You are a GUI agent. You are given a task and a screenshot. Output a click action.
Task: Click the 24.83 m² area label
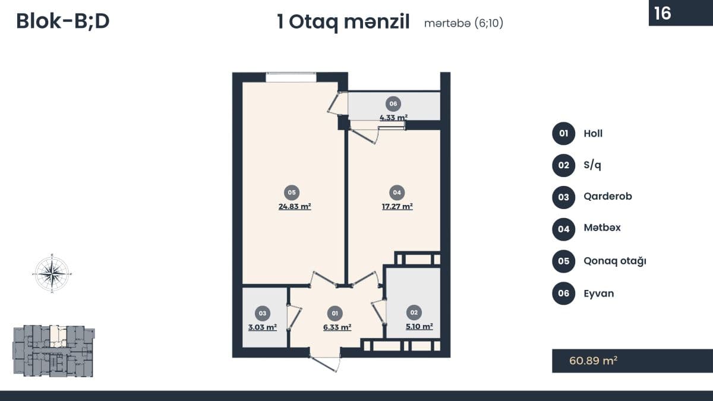pyautogui.click(x=295, y=207)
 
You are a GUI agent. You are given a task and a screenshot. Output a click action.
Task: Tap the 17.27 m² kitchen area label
pyautogui.click(x=397, y=207)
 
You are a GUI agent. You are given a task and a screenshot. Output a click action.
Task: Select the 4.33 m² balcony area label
pyautogui.click(x=393, y=118)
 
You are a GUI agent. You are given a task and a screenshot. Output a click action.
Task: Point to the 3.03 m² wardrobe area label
pyautogui.click(x=262, y=327)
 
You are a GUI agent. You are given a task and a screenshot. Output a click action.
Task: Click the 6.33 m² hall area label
pyautogui.click(x=337, y=327)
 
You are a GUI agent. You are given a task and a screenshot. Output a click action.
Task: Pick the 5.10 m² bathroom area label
pyautogui.click(x=419, y=327)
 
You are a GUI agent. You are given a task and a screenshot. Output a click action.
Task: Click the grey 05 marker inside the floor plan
pyautogui.click(x=292, y=192)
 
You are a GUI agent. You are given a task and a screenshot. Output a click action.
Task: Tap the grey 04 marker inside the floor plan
pyautogui.click(x=397, y=192)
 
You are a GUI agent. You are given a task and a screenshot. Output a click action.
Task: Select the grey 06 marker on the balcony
pyautogui.click(x=393, y=104)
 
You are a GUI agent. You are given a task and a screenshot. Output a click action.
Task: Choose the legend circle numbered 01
pyautogui.click(x=564, y=133)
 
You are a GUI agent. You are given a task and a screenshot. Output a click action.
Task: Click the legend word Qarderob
pyautogui.click(x=608, y=197)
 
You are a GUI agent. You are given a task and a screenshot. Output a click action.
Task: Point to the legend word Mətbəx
pyautogui.click(x=602, y=228)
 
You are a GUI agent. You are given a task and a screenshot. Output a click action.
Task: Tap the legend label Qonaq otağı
pyautogui.click(x=615, y=261)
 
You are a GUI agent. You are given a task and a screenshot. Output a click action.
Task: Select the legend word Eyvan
pyautogui.click(x=599, y=293)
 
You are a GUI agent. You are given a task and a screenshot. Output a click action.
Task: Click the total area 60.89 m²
pyautogui.click(x=594, y=361)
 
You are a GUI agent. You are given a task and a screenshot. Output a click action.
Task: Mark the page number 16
pyautogui.click(x=662, y=13)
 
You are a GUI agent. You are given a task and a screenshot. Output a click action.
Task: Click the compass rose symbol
pyautogui.click(x=52, y=273)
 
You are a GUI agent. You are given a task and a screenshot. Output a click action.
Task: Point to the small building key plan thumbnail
pyautogui.click(x=53, y=351)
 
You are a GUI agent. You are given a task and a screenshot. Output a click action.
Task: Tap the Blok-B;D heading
pyautogui.click(x=63, y=21)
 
